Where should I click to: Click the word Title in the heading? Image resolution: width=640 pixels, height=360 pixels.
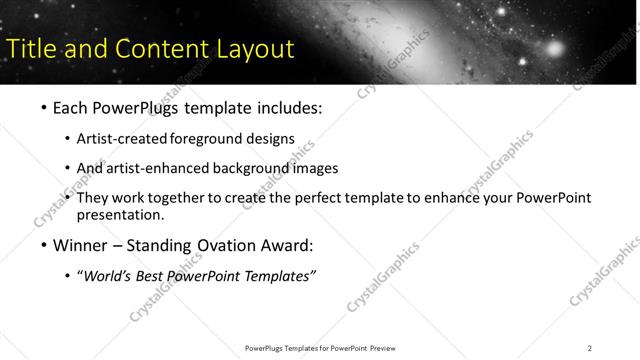coord(31,48)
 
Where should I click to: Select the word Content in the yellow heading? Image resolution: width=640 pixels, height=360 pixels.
coord(155,48)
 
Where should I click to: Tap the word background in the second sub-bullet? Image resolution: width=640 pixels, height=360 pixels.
coord(251,168)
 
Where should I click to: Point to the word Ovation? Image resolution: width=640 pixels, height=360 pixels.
coord(221,246)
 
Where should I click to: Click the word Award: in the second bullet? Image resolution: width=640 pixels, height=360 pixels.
coord(286,246)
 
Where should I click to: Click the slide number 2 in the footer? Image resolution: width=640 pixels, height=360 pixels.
coord(590,348)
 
